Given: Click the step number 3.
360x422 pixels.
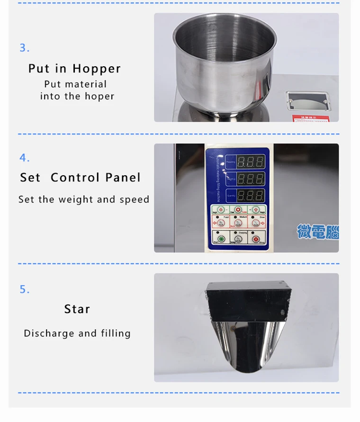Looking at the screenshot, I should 24,48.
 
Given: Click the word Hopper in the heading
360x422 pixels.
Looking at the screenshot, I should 97,69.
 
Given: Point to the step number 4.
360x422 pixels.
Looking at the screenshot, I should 24,158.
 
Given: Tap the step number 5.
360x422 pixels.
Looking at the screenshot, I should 24,289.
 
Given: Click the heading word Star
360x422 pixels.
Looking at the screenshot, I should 77,309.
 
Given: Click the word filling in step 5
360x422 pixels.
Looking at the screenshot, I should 116,333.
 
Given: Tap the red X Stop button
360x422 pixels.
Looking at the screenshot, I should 256,240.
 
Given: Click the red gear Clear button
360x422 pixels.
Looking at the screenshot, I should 238,210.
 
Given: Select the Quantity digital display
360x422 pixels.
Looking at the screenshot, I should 250,195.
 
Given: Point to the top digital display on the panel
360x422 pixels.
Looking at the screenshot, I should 250,162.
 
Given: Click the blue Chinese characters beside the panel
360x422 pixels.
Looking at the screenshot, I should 317,232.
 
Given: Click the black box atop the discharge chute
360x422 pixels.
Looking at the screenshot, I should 246,300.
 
